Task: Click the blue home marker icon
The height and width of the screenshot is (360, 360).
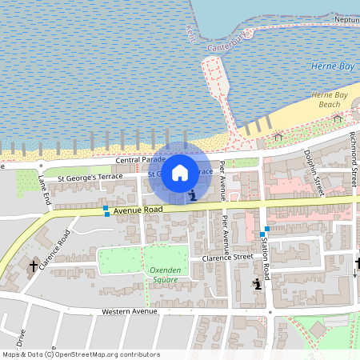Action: [180, 172]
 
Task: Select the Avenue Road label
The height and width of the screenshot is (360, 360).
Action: [138, 210]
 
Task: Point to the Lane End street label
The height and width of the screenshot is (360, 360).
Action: [45, 190]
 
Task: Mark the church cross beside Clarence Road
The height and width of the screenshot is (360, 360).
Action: [34, 266]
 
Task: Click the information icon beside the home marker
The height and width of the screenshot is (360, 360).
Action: [191, 194]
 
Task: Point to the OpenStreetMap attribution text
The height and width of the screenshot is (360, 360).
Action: [80, 354]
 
